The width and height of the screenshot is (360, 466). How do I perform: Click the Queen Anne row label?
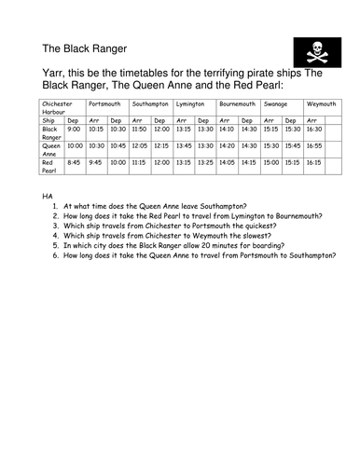[51, 149]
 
